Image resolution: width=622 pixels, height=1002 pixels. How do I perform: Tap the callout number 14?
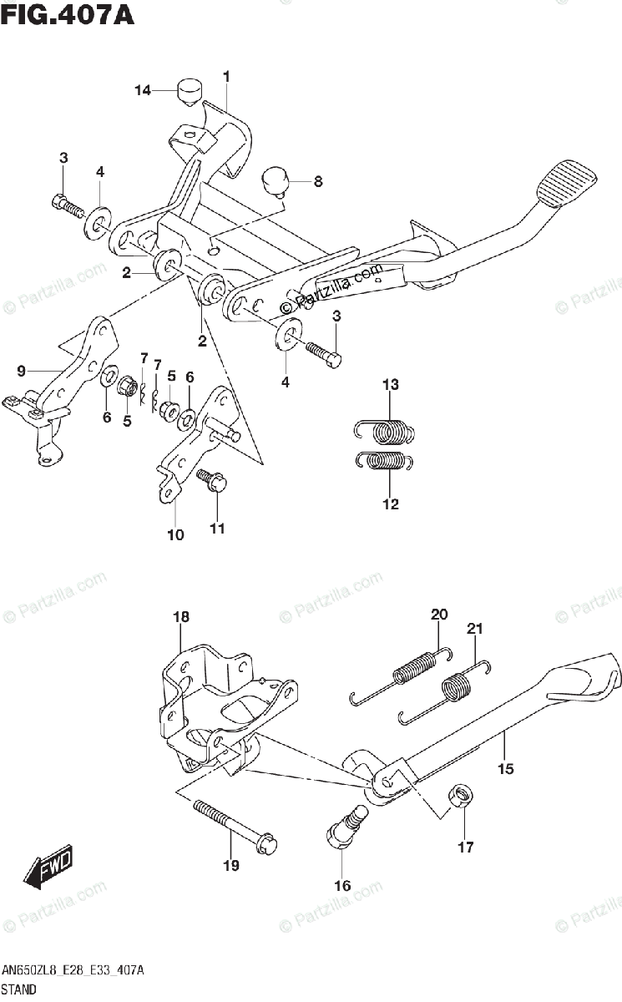[x=144, y=90]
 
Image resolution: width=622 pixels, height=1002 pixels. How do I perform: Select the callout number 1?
[x=226, y=77]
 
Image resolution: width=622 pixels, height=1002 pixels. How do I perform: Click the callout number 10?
[x=175, y=535]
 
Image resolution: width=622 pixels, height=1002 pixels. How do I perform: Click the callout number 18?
[x=181, y=617]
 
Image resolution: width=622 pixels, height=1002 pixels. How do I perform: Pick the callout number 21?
[x=475, y=629]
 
